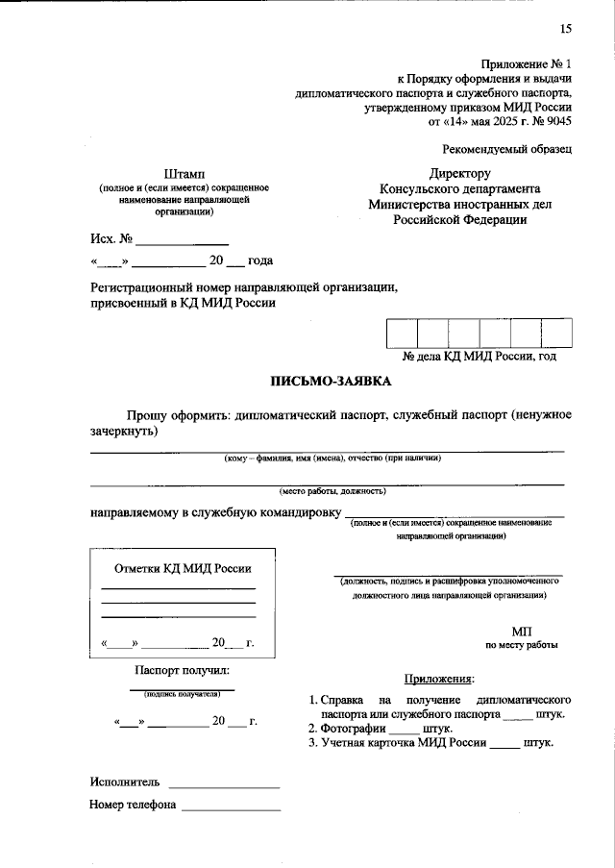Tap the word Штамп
point(184,173)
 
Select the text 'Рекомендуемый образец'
point(507,149)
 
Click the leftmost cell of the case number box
point(402,332)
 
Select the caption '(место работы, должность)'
point(327,490)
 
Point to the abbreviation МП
point(521,630)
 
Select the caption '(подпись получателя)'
point(182,693)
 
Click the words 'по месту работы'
point(521,646)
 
